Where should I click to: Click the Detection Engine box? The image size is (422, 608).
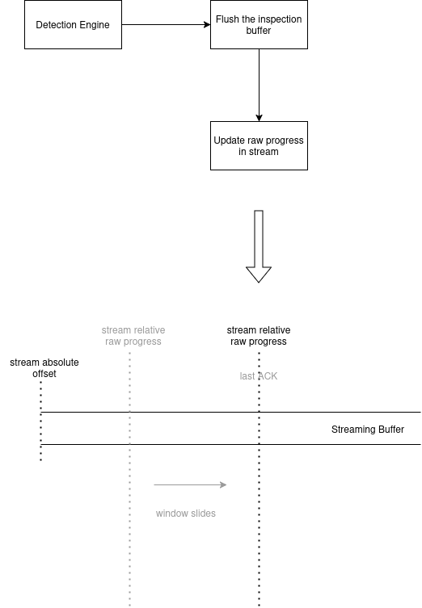(73, 24)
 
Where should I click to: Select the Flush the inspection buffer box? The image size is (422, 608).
(259, 24)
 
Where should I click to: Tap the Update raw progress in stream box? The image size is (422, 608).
(259, 145)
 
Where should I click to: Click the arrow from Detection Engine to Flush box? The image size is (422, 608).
(167, 25)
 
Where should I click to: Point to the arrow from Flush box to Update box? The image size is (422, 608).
(259, 85)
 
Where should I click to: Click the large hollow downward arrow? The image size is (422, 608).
(259, 246)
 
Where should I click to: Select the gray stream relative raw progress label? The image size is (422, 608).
(133, 336)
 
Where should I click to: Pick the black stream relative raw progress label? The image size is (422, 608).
(259, 336)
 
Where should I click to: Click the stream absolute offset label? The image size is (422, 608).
(44, 368)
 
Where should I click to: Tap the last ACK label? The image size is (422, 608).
(259, 376)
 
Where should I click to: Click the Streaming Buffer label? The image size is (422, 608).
(368, 430)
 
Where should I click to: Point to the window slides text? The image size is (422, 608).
(186, 514)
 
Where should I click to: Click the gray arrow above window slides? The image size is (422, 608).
(190, 484)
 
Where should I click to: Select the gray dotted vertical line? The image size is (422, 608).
(129, 480)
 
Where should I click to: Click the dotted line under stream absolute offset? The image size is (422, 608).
(40, 421)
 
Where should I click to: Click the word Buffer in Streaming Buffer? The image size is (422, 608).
(391, 430)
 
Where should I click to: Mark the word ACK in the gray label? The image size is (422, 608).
(268, 376)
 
